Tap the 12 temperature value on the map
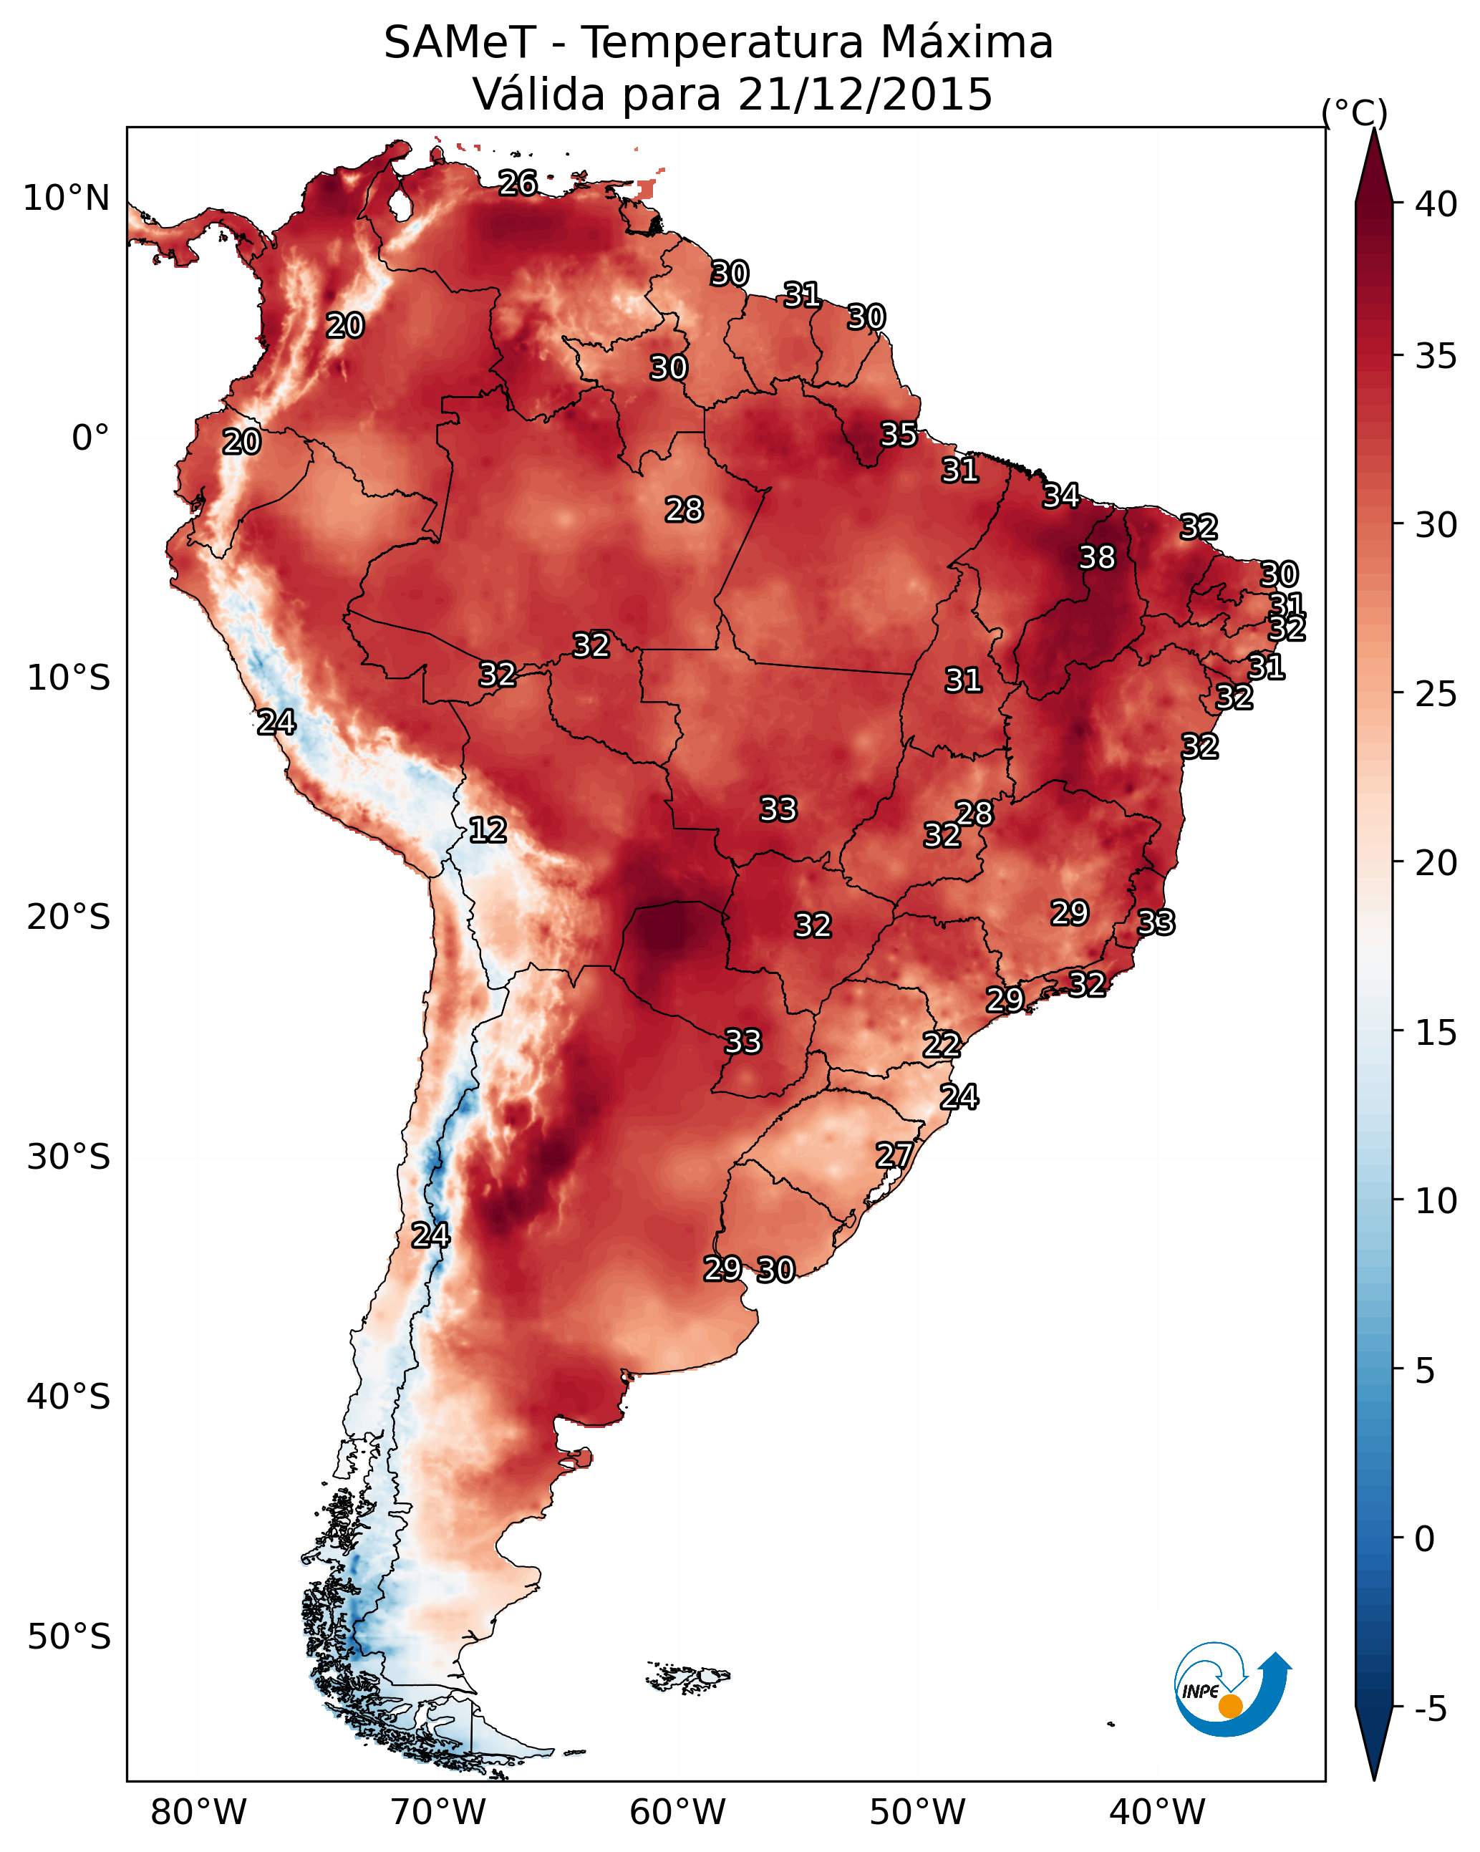(487, 830)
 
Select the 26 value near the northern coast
(518, 183)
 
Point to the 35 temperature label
(899, 435)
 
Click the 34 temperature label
(1061, 496)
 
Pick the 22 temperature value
(942, 1045)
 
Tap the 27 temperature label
(894, 1155)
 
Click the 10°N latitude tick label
(66, 198)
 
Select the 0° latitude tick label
(90, 438)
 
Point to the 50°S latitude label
(68, 1637)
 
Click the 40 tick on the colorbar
(1436, 204)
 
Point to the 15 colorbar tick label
(1436, 1033)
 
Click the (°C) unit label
(1355, 112)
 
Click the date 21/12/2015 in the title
(865, 95)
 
